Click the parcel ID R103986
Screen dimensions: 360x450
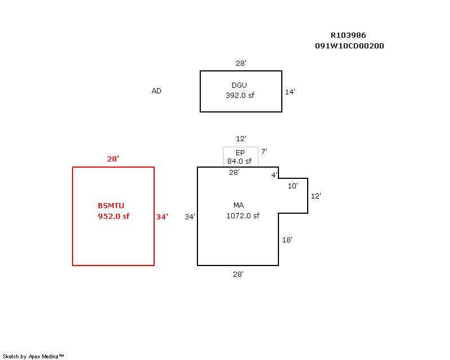348,35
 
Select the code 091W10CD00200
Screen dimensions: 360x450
350,46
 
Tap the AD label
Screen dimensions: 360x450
156,91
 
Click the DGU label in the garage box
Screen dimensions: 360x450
239,85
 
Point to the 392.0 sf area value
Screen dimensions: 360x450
240,95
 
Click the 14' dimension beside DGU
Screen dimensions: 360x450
290,92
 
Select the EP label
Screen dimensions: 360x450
240,152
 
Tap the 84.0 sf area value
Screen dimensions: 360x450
239,161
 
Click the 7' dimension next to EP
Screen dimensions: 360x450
263,151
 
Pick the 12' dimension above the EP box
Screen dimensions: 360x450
241,138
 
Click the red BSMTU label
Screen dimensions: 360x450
113,205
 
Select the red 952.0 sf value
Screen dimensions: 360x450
114,216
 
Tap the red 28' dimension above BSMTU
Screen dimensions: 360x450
113,159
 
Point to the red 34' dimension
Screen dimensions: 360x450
162,217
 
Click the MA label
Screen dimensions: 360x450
238,205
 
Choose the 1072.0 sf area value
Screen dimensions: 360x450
243,215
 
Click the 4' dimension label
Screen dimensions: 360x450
274,175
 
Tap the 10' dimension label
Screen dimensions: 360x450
293,185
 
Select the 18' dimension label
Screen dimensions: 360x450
287,240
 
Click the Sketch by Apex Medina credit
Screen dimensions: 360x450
33,356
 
